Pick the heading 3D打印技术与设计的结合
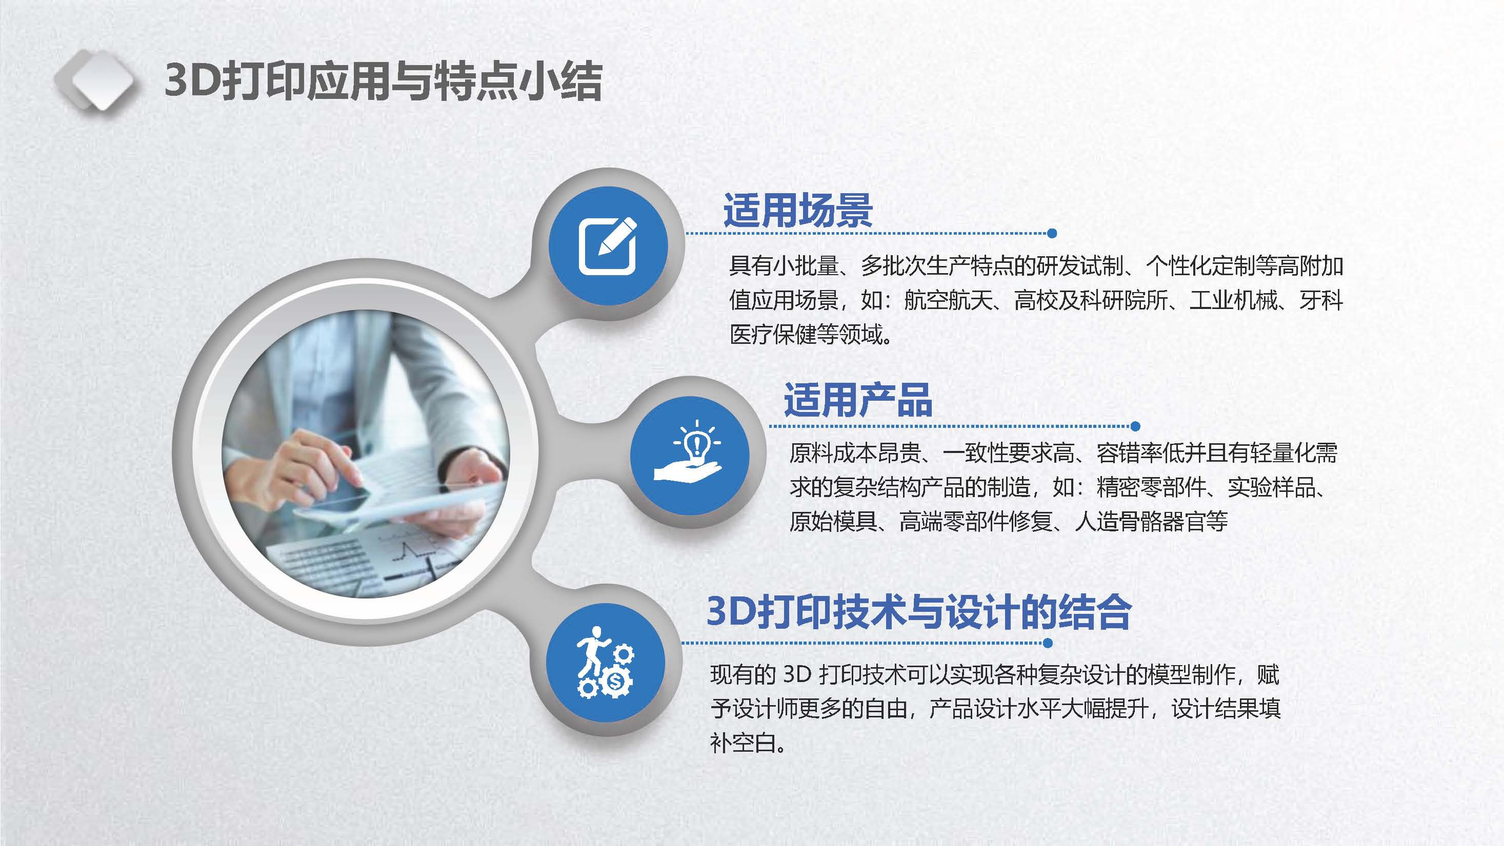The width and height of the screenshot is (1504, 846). pos(919,612)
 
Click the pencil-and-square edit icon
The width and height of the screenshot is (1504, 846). pos(607,245)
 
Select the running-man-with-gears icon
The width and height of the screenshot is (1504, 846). pos(605,663)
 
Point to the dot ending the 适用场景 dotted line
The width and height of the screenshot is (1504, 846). pos(1052,233)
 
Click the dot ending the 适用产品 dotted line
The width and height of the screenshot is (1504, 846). pos(1135,426)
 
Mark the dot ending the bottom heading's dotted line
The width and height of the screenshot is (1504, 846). pos(1048,644)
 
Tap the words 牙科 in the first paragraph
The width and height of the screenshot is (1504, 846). pos(1321,300)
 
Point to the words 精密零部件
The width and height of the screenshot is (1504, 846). pos(1151,487)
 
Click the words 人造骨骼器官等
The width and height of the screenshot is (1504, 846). pos(1151,521)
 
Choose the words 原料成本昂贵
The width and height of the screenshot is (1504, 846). pos(855,453)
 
